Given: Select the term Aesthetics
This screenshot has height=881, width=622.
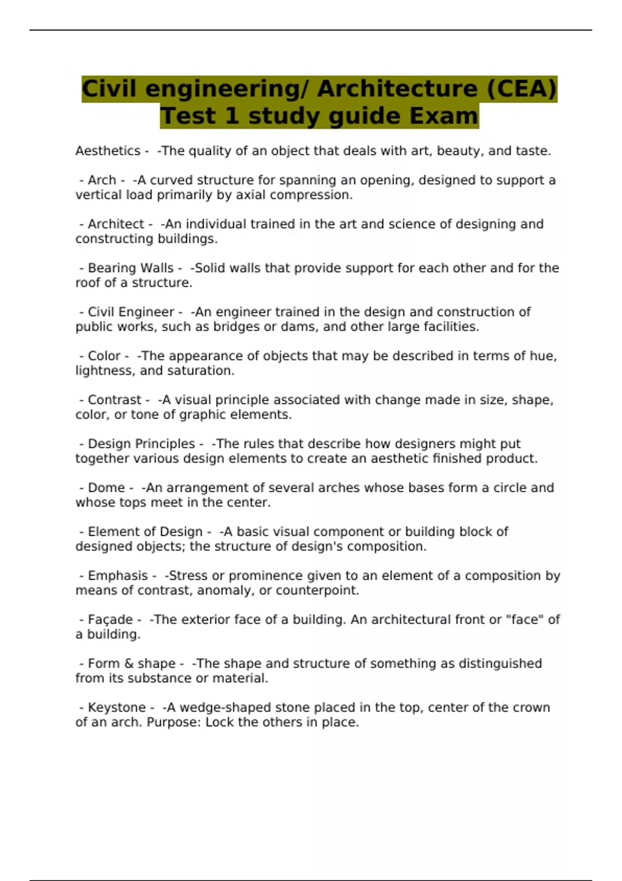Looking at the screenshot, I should point(108,151).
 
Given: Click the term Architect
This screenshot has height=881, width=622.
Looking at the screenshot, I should point(116,224).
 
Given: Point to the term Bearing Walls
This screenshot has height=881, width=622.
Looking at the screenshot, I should point(131,268).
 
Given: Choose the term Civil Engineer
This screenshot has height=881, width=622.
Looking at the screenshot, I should point(131,312).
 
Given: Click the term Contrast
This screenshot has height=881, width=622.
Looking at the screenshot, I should point(115,400).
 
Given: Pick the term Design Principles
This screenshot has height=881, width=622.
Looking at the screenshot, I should point(141,444).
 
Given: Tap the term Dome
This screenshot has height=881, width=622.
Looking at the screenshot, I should point(106,488).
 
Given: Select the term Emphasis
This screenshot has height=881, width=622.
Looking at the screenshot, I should point(118,576).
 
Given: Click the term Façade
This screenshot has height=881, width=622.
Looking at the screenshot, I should point(110,620).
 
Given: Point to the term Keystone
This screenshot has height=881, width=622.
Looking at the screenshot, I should point(117,708).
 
